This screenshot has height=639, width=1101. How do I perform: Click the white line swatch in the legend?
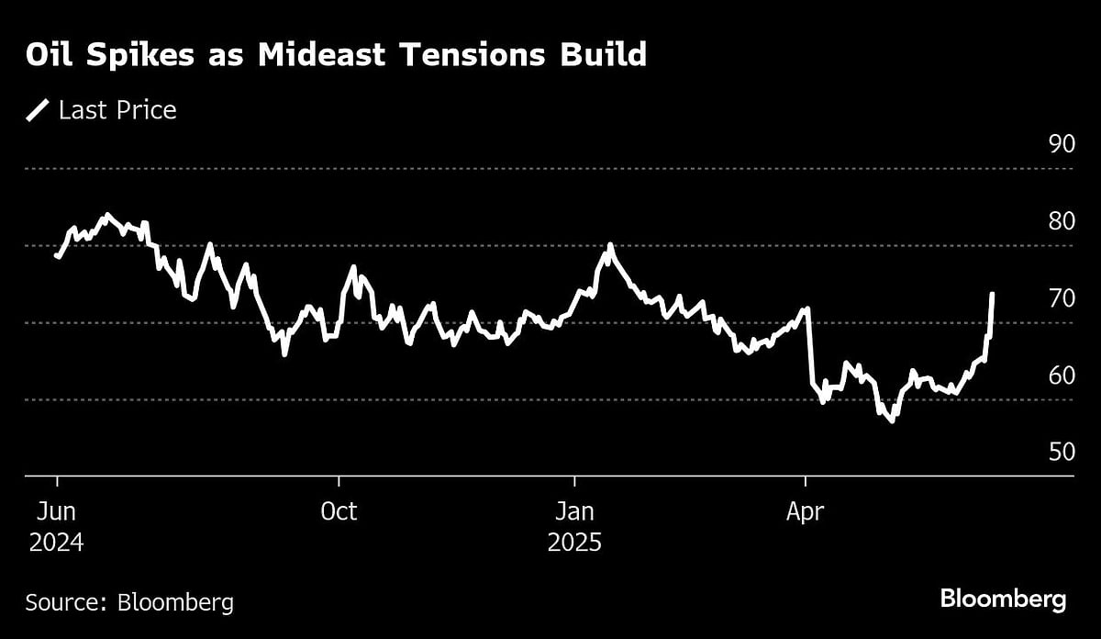(38, 111)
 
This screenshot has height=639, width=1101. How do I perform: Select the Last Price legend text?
(117, 111)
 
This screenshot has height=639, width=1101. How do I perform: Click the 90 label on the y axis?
(1061, 144)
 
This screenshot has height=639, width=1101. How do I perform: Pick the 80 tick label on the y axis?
(1061, 221)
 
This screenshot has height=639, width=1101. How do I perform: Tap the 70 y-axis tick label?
(1061, 298)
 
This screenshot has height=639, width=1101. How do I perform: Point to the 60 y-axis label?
(1061, 376)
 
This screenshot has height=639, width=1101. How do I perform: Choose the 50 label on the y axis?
(1061, 453)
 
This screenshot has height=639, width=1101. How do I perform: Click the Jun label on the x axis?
(56, 511)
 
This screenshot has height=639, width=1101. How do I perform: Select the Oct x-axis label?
(339, 511)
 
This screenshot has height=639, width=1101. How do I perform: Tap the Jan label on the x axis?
(574, 511)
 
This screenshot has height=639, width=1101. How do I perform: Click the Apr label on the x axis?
(805, 511)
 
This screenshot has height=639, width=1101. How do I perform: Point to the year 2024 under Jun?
(56, 543)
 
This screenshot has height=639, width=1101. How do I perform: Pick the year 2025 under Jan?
(574, 543)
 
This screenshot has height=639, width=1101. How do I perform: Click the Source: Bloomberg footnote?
(129, 602)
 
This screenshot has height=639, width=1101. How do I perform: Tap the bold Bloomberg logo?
(1003, 600)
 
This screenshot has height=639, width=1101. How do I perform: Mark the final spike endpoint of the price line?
(993, 294)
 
